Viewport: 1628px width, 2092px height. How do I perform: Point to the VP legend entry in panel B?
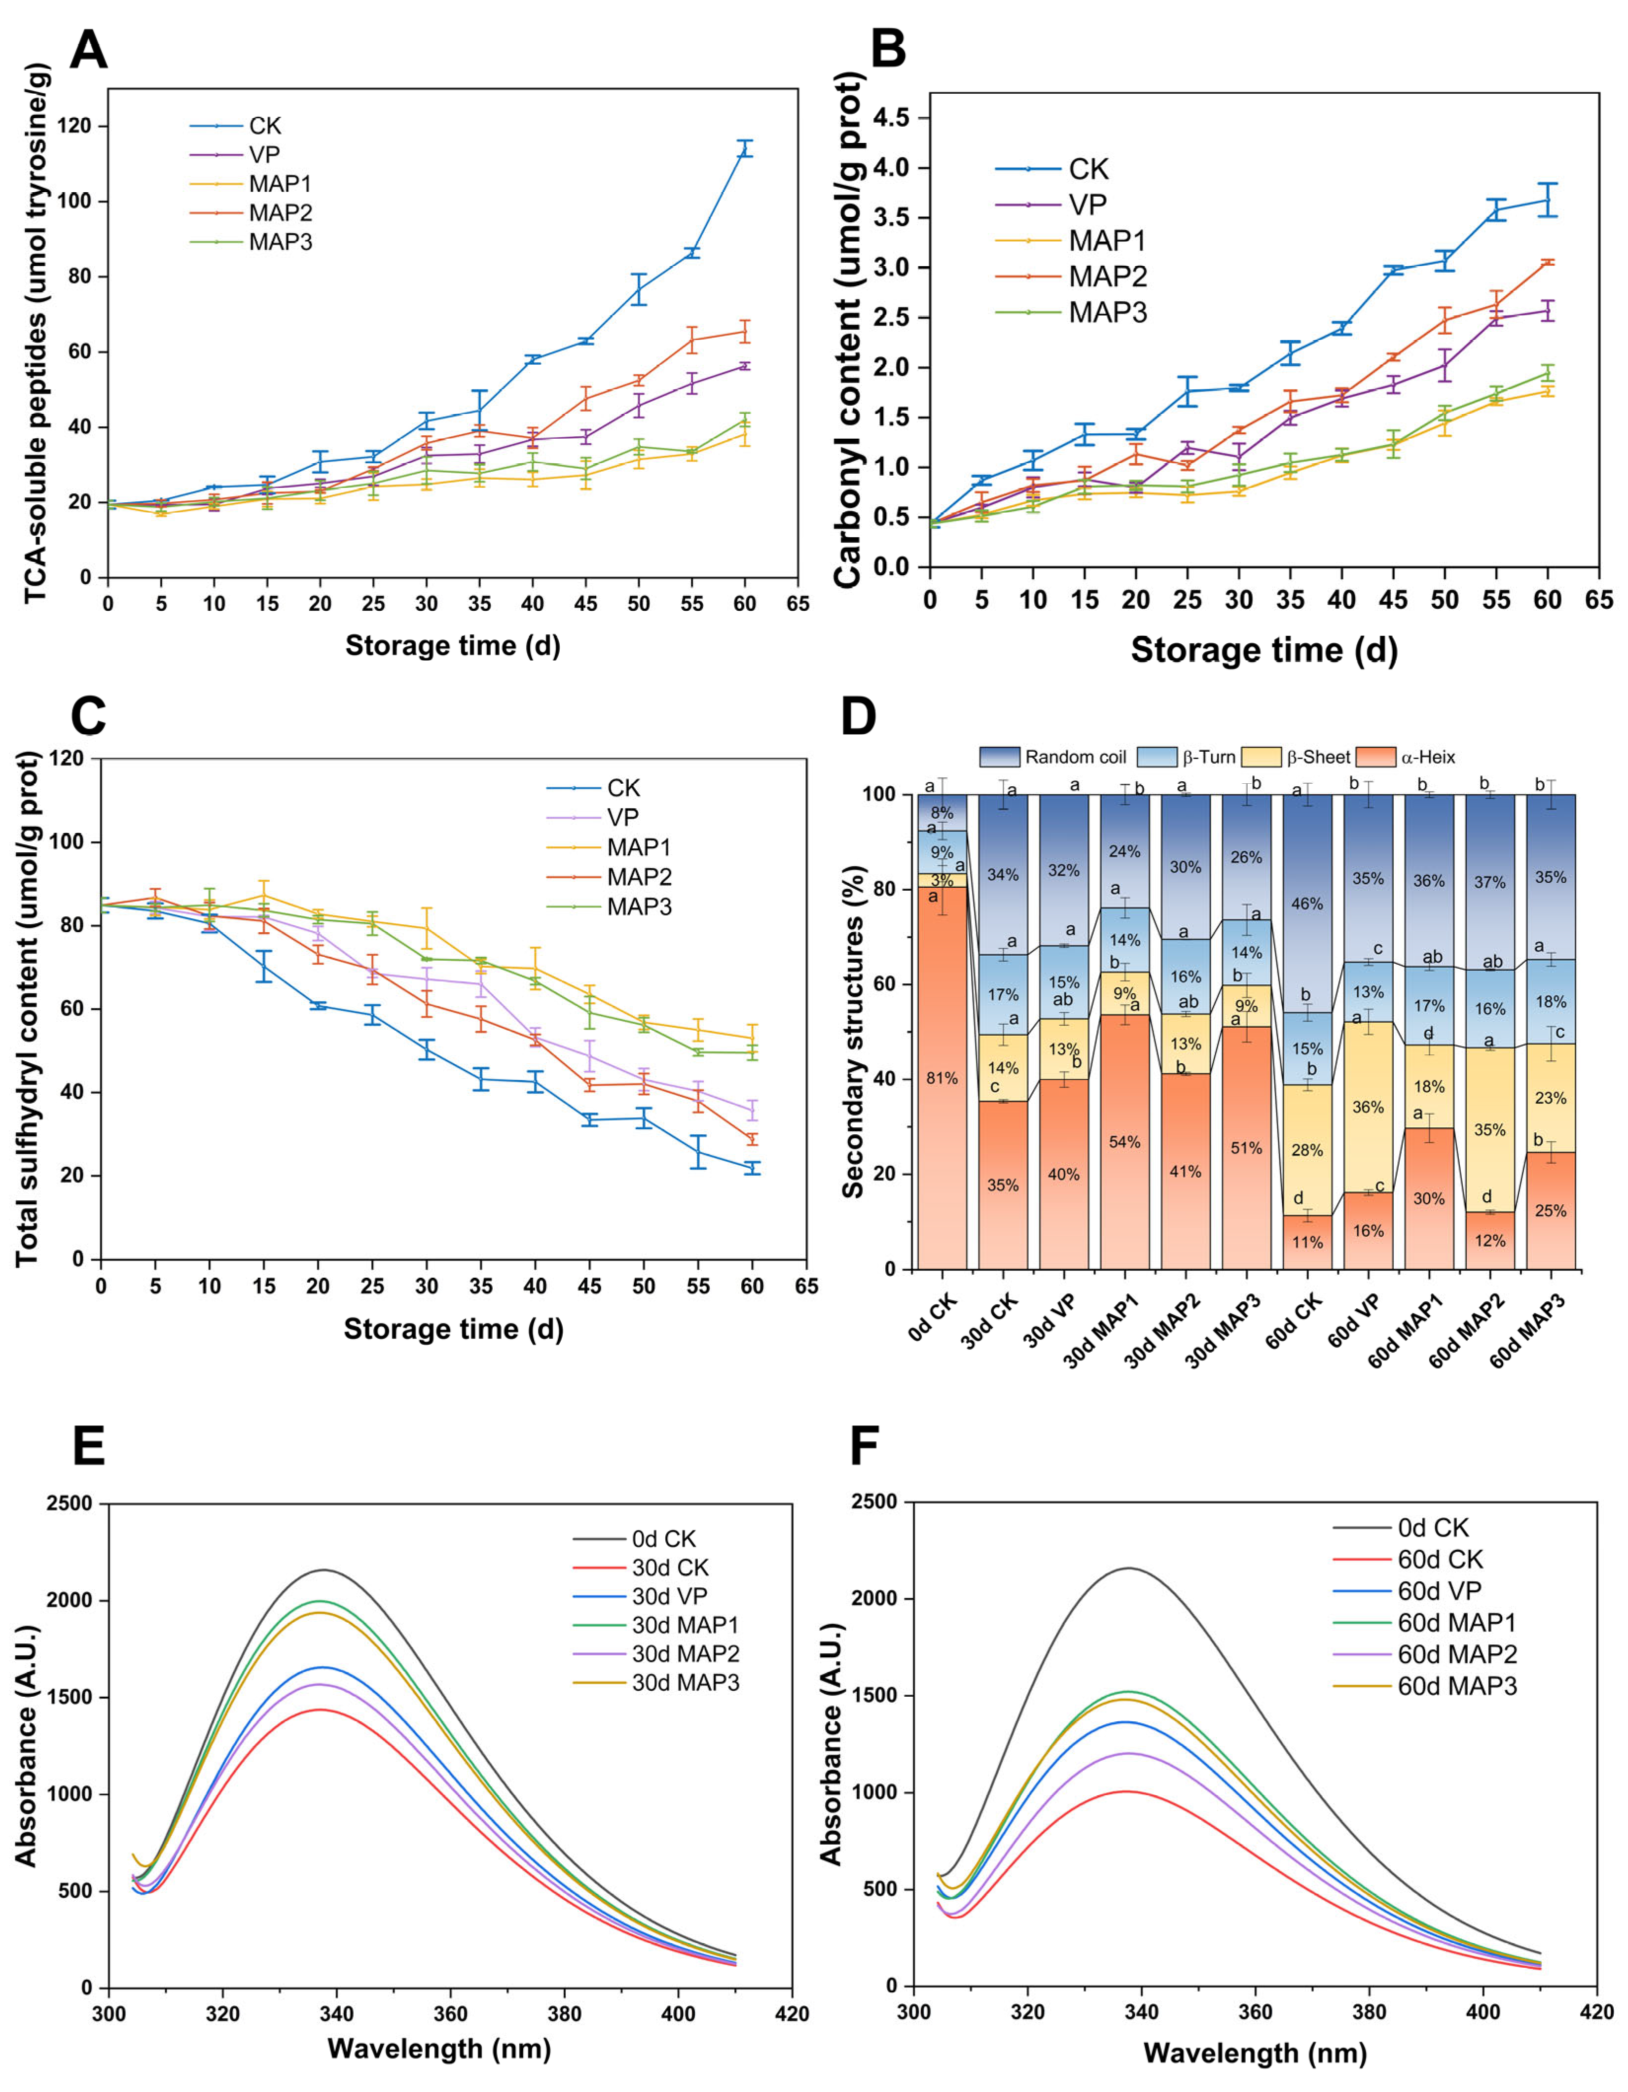1087,204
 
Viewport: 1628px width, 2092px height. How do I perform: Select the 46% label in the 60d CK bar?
1307,903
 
